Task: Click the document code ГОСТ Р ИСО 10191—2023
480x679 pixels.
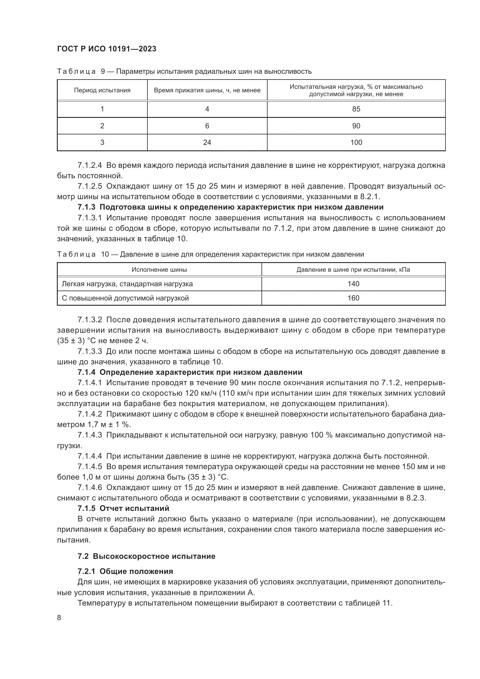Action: tap(107, 49)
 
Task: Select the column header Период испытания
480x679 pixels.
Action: tap(102, 90)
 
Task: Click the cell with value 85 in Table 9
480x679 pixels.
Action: tap(356, 109)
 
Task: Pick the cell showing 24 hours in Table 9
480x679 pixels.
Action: tap(207, 142)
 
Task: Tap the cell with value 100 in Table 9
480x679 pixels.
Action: tap(356, 142)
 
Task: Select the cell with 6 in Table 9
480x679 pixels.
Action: tap(207, 126)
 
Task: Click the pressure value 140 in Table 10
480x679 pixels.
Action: tap(353, 284)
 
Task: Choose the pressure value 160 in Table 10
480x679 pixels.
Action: tap(353, 298)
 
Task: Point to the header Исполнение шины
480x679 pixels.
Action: tap(159, 270)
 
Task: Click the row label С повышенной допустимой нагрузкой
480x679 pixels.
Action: tap(125, 298)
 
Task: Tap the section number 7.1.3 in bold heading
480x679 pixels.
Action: tap(86, 207)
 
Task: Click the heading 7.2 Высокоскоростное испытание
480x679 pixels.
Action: tap(146, 556)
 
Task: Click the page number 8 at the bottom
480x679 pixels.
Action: tap(59, 617)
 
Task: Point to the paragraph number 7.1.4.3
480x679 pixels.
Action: tap(90, 435)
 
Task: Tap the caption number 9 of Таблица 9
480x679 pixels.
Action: tap(103, 72)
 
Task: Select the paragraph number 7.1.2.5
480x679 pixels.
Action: tap(90, 186)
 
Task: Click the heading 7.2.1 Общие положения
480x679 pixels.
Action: tap(125, 571)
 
